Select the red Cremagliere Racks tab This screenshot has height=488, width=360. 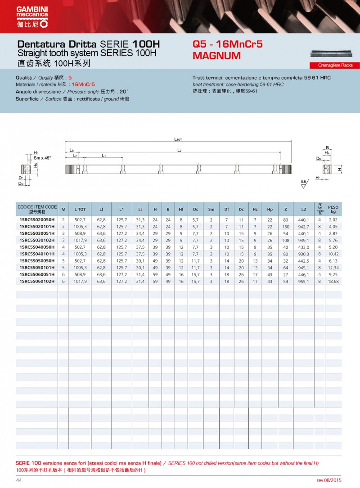coord(335,65)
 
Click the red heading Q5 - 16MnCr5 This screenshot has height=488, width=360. coord(227,45)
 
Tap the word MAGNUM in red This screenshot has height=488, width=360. coord(216,56)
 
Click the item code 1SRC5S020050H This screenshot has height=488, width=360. coord(37,219)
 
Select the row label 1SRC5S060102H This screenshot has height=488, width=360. coord(37,281)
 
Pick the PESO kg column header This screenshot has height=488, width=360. coord(333,209)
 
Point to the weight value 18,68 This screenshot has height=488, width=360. coord(333,281)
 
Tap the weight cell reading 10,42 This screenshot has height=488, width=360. coord(333,254)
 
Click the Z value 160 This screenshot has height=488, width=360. coord(286,226)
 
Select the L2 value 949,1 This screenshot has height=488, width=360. coord(303,240)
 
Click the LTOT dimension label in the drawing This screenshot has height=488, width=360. coord(178,140)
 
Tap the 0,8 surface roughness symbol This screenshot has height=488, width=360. coord(302,181)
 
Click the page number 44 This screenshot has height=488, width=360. coord(19,480)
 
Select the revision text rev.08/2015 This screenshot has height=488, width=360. coord(332,480)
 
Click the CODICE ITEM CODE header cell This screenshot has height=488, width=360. coord(37,209)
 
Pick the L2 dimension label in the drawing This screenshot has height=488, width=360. coord(179,150)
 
